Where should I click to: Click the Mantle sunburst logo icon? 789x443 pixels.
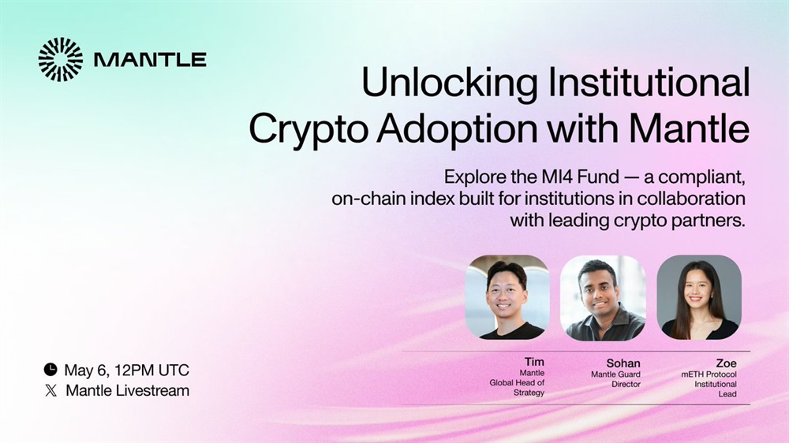click(61, 59)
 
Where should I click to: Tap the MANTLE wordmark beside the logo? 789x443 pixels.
click(150, 60)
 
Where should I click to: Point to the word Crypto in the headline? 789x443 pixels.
click(307, 130)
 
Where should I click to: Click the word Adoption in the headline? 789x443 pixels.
click(457, 130)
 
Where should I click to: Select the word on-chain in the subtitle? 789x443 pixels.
click(368, 199)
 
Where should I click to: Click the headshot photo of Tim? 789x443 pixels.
click(507, 296)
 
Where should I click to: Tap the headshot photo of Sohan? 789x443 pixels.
click(604, 298)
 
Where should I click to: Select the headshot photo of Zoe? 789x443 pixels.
click(699, 297)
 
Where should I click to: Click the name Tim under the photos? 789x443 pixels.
click(534, 362)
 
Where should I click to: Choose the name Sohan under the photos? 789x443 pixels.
click(623, 363)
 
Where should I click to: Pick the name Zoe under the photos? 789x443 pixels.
click(726, 363)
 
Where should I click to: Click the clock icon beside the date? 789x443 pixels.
click(50, 370)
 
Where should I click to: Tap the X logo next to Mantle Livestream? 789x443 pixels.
click(50, 391)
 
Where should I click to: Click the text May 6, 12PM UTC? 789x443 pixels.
click(127, 370)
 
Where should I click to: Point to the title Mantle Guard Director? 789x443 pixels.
click(616, 379)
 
